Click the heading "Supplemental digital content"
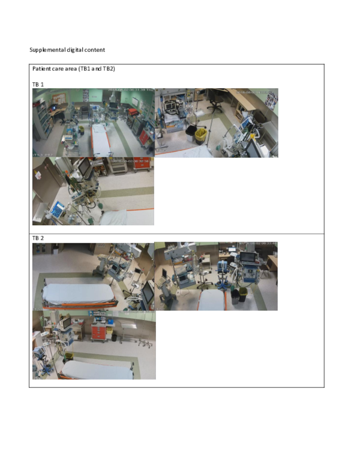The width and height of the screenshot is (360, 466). pyautogui.click(x=67, y=50)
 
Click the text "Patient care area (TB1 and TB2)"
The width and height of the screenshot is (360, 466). pyautogui.click(x=73, y=69)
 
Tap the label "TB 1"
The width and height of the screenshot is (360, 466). pyautogui.click(x=38, y=85)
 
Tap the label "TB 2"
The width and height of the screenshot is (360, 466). pyautogui.click(x=38, y=238)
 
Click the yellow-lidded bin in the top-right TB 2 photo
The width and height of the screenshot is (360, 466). pyautogui.click(x=235, y=294)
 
